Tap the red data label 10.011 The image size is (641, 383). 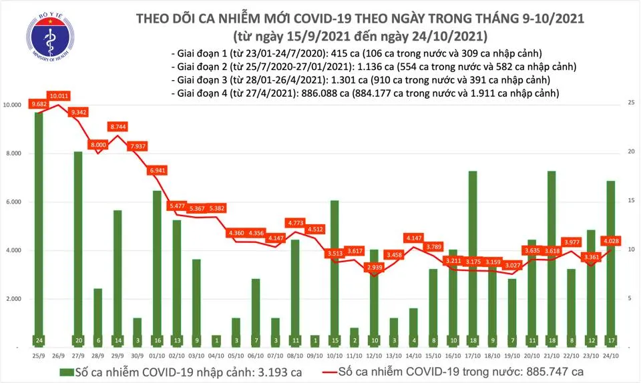click(58, 96)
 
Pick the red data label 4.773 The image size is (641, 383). click(295, 222)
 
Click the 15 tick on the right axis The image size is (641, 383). click(629, 201)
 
